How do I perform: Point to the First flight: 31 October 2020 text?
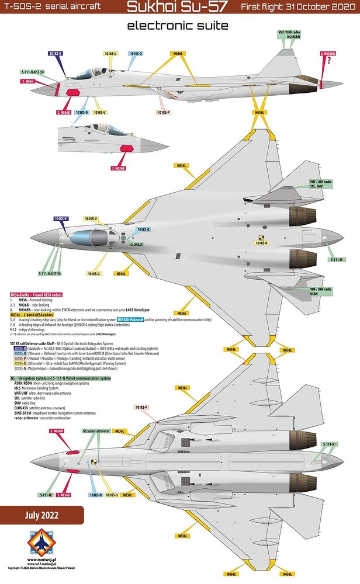(x=299, y=8)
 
